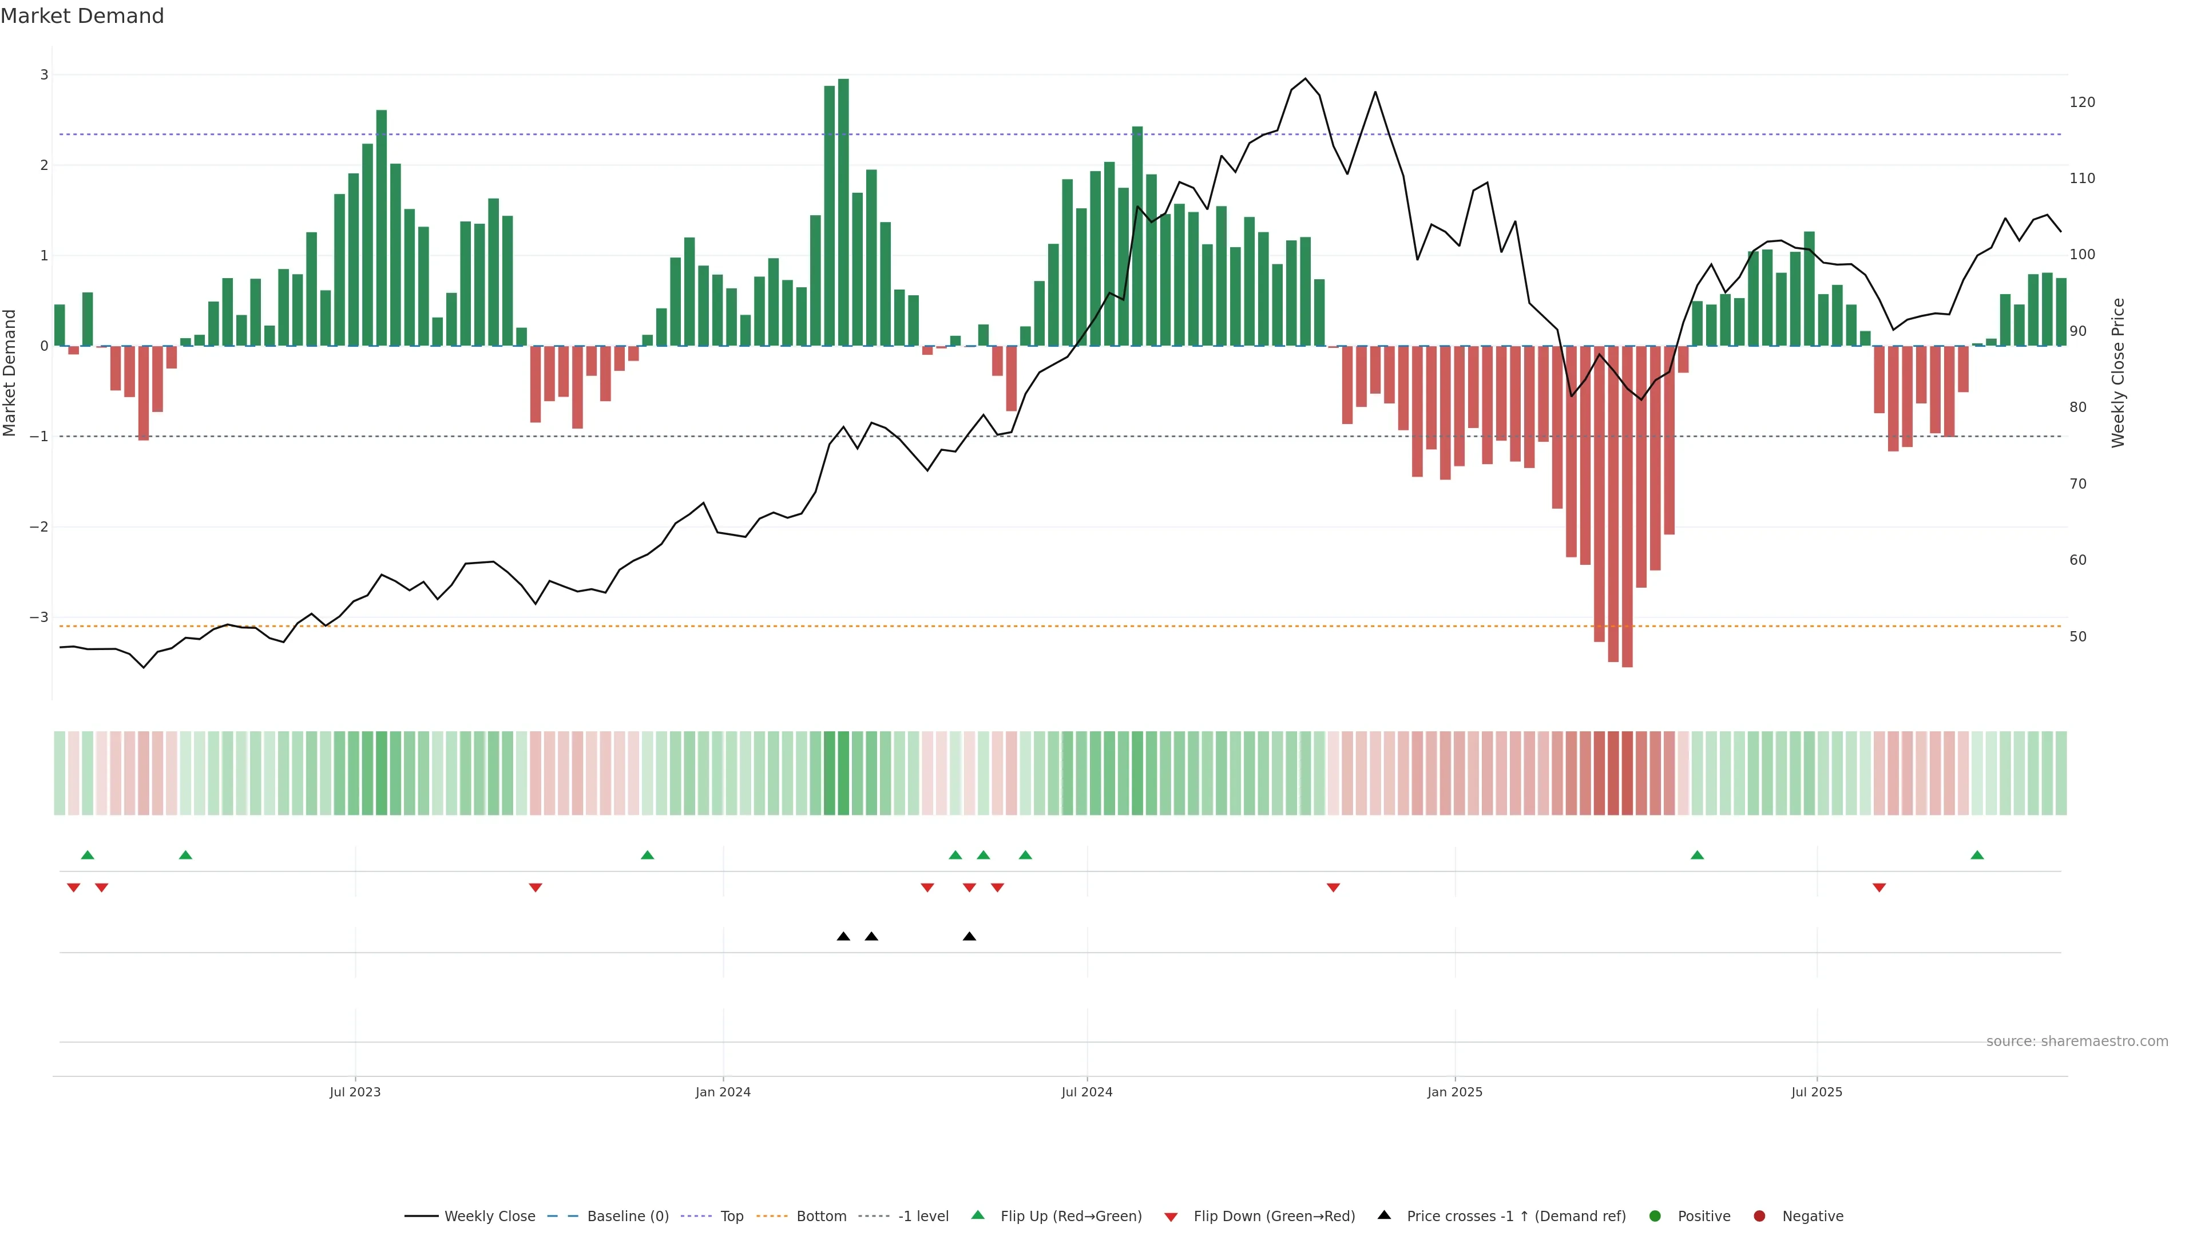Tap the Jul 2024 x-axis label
1086,1092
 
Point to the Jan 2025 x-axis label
1454,1092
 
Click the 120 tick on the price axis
2082,102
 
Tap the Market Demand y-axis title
10,373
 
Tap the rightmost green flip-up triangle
1977,855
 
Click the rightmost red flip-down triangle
1879,888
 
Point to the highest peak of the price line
1305,78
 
